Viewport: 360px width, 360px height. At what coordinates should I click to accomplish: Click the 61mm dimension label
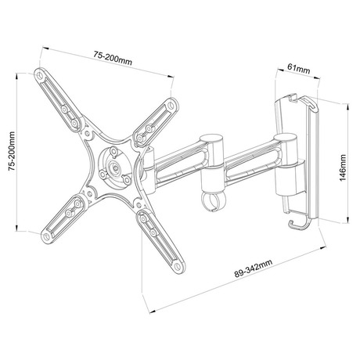(x=299, y=69)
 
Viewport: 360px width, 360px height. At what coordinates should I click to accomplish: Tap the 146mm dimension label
(x=343, y=167)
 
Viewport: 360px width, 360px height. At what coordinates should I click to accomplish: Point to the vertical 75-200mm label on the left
(x=12, y=151)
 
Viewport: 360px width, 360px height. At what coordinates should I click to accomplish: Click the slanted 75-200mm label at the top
(x=113, y=58)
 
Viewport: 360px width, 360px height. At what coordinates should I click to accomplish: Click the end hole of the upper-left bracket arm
(x=40, y=75)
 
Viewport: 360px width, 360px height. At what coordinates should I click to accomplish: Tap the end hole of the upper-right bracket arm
(x=171, y=106)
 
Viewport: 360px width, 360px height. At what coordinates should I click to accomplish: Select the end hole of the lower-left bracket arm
(x=47, y=237)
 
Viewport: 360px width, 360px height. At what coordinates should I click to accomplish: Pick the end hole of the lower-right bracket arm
(x=178, y=266)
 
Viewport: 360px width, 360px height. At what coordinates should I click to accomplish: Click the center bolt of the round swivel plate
(x=114, y=167)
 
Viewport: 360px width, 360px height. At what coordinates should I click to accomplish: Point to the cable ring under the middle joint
(x=212, y=201)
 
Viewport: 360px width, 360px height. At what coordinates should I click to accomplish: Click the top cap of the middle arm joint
(x=211, y=139)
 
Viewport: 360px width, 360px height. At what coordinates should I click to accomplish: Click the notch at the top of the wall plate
(x=293, y=98)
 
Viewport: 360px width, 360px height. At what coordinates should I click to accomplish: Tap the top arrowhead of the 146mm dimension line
(x=347, y=106)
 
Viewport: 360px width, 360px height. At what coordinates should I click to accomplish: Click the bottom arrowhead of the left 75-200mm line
(x=16, y=228)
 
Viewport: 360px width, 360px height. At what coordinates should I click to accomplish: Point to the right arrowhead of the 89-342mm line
(x=323, y=248)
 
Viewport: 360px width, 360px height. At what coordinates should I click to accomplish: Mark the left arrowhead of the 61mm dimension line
(x=280, y=70)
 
